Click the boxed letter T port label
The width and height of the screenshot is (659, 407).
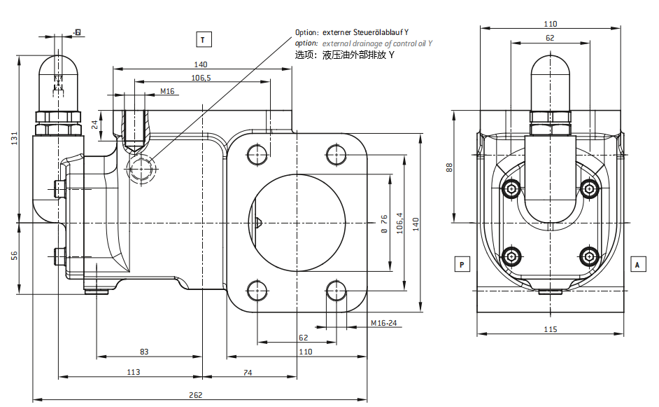[x=203, y=39]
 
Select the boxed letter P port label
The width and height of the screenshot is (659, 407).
[x=462, y=264]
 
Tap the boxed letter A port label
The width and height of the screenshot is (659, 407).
[x=637, y=264]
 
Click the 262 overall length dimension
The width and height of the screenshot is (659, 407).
[x=196, y=394]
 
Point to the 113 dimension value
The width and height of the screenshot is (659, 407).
[x=134, y=372]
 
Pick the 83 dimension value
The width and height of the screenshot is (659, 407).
[x=145, y=352]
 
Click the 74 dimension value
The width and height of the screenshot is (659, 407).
[x=248, y=372]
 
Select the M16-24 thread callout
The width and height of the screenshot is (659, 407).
[x=383, y=324]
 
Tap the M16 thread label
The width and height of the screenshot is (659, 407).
[x=167, y=91]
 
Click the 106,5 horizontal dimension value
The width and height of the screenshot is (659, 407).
[x=201, y=77]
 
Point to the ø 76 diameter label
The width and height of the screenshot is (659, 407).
[x=384, y=223]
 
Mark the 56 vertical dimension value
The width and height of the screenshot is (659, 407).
[x=15, y=255]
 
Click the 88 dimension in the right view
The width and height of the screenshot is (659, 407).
[x=450, y=167]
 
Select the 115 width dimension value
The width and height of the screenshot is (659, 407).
[x=550, y=329]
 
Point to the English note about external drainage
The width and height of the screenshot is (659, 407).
[x=377, y=43]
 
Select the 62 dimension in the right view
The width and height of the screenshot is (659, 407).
[x=550, y=39]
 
